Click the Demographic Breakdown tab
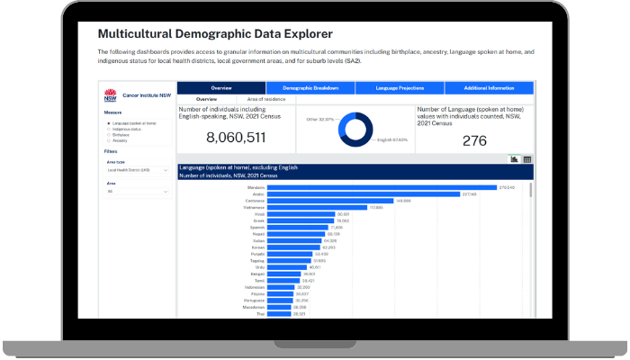pos(310,88)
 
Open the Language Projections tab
pos(400,88)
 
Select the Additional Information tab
pos(490,88)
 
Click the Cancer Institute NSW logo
pos(112,94)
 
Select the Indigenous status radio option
pos(109,129)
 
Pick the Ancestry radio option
pos(109,140)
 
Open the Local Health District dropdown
pos(137,169)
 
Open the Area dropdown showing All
pos(137,192)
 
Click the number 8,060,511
pos(236,138)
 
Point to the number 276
pos(475,140)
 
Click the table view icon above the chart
pos(527,159)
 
